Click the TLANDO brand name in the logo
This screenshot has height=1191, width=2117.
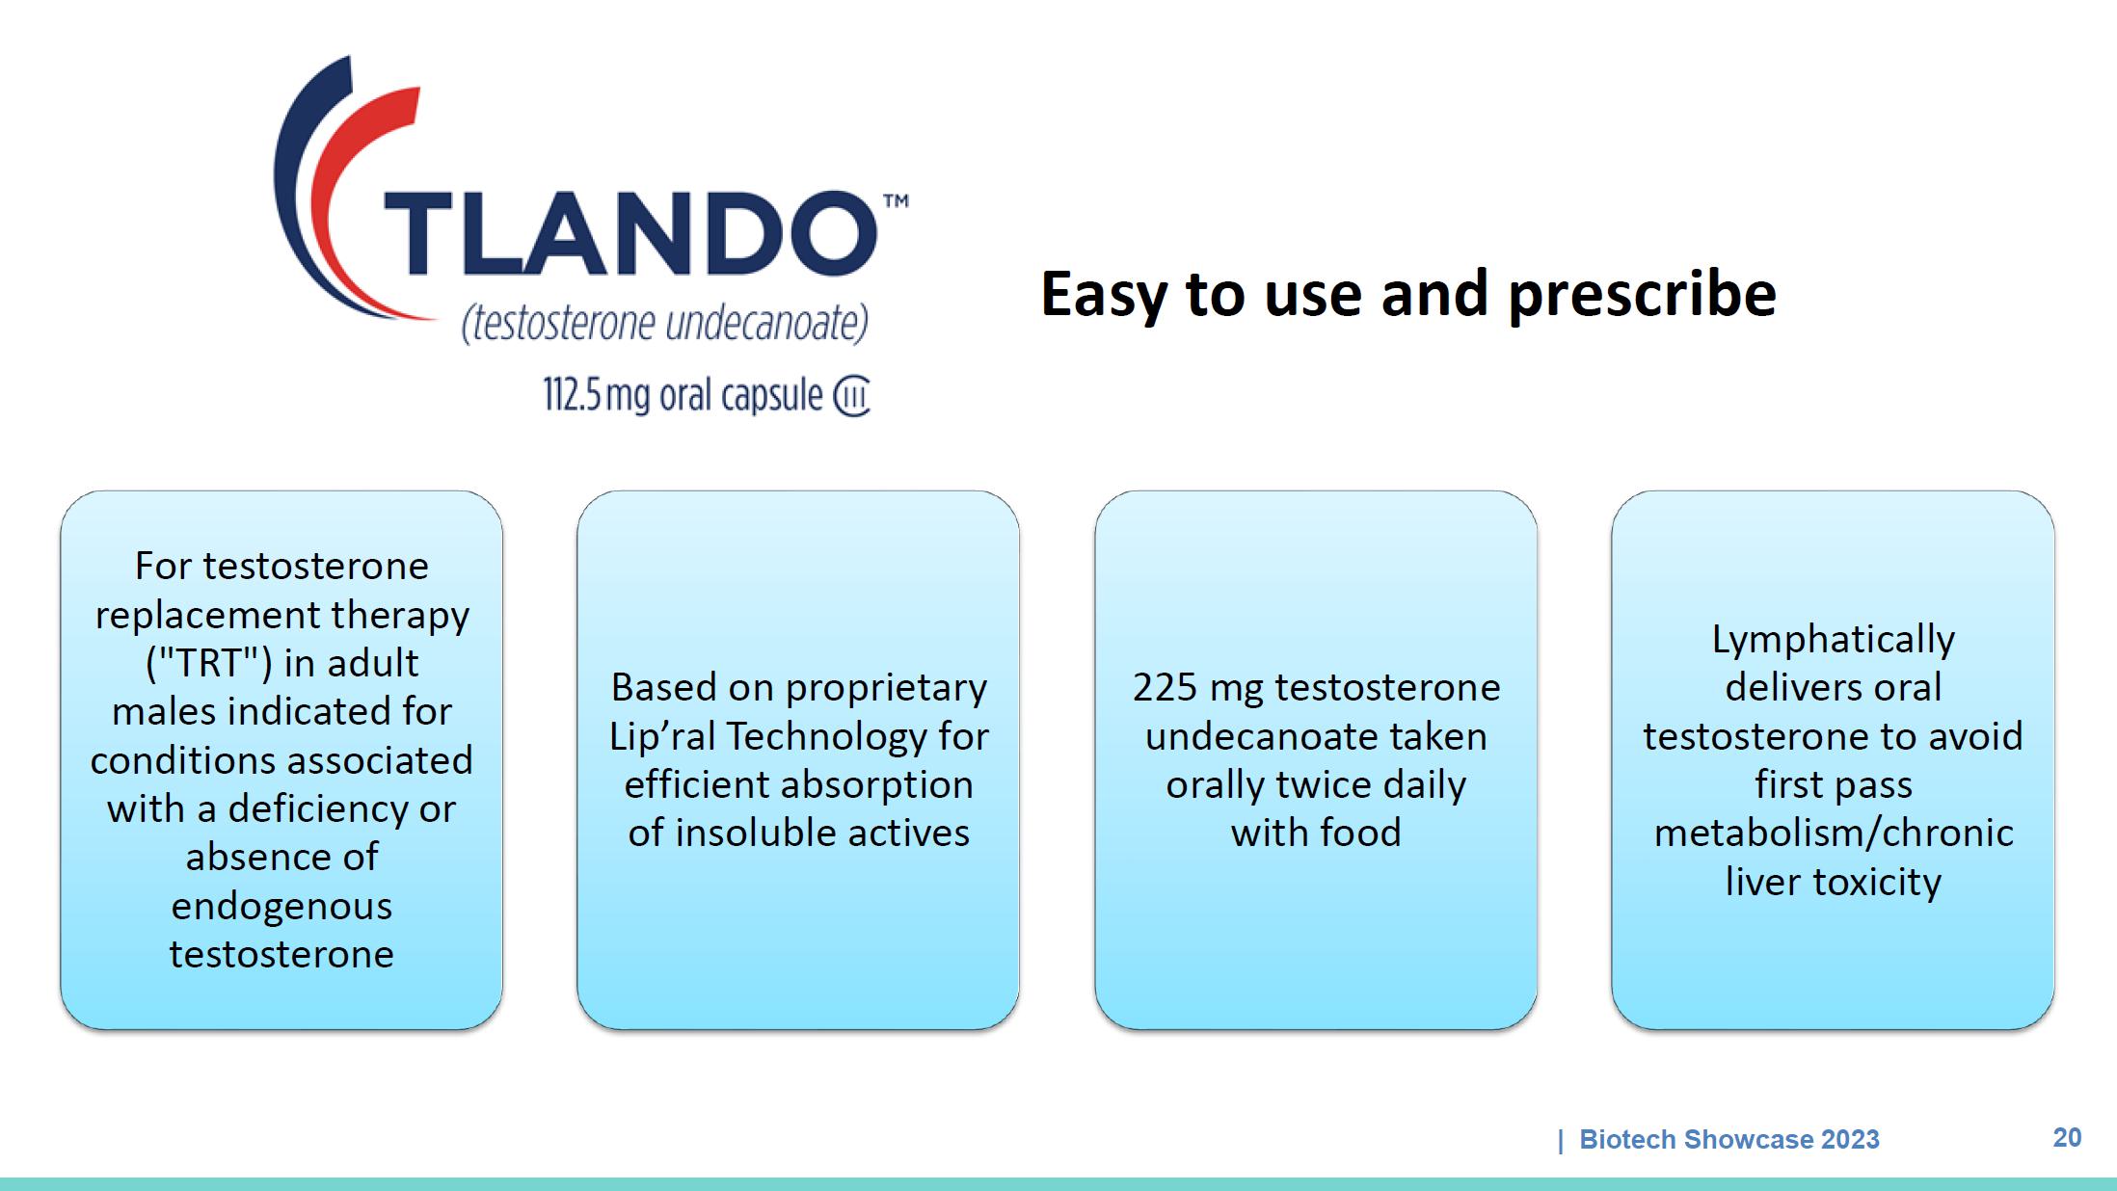pos(631,232)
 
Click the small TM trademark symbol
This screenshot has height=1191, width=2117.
pos(896,201)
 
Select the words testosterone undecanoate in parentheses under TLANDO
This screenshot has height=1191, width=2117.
pos(665,324)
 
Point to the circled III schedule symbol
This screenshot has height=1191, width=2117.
pos(851,397)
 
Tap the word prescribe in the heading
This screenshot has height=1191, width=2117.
pos(1642,295)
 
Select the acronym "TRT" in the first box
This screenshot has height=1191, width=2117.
pos(208,663)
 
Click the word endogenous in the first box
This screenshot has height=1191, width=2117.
pos(281,907)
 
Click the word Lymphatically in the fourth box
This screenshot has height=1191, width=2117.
pos(1834,640)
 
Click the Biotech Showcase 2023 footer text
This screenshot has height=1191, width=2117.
pos(1729,1139)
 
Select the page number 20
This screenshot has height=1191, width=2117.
pos(2067,1138)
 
